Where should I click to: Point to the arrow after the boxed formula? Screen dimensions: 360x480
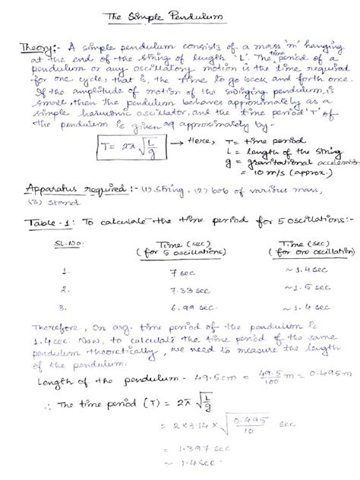pos(181,142)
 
